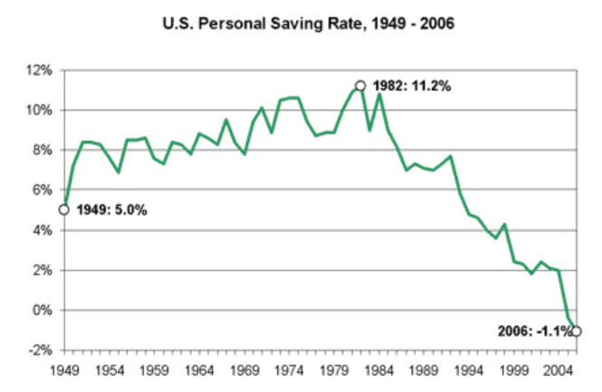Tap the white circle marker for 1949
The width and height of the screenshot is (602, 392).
coord(63,210)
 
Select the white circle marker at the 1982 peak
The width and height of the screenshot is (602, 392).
coord(360,86)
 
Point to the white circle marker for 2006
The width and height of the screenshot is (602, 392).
coord(577,331)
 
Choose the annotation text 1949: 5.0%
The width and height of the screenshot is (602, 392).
coord(110,210)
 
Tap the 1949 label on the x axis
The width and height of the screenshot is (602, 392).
coord(64,368)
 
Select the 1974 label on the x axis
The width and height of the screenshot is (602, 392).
coord(288,368)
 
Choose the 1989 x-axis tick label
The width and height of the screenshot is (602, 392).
coord(423,368)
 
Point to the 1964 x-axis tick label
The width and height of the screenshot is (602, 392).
coord(198,368)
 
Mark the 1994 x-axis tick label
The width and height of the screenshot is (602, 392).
coord(468,368)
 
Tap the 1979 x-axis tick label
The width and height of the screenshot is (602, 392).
coord(333,368)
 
